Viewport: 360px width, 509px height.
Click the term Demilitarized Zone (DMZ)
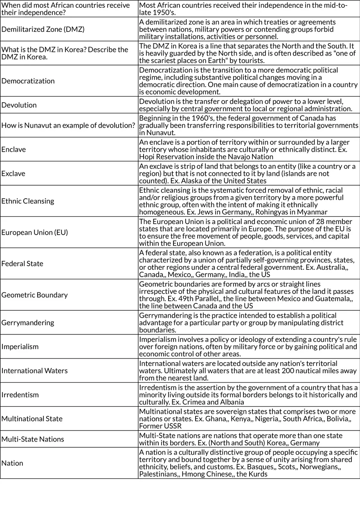[x=43, y=29]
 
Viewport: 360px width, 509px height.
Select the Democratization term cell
[x=28, y=81]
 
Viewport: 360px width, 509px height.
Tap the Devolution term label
[x=19, y=105]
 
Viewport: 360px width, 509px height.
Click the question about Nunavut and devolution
[x=68, y=126]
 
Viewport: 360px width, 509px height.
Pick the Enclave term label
[x=13, y=150]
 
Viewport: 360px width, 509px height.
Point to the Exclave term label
[x=13, y=174]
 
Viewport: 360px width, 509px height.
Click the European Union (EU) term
[x=34, y=233]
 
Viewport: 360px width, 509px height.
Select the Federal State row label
[x=22, y=264]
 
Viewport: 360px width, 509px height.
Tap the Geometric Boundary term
[x=34, y=295]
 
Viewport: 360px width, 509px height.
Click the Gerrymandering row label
[x=27, y=323]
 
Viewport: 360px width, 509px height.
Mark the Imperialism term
[x=20, y=347]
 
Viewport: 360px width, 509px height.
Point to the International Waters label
[x=34, y=371]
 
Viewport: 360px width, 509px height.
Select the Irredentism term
[x=20, y=395]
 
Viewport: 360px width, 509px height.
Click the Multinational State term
[x=32, y=419]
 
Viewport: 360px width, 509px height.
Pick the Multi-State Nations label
[x=33, y=439]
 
